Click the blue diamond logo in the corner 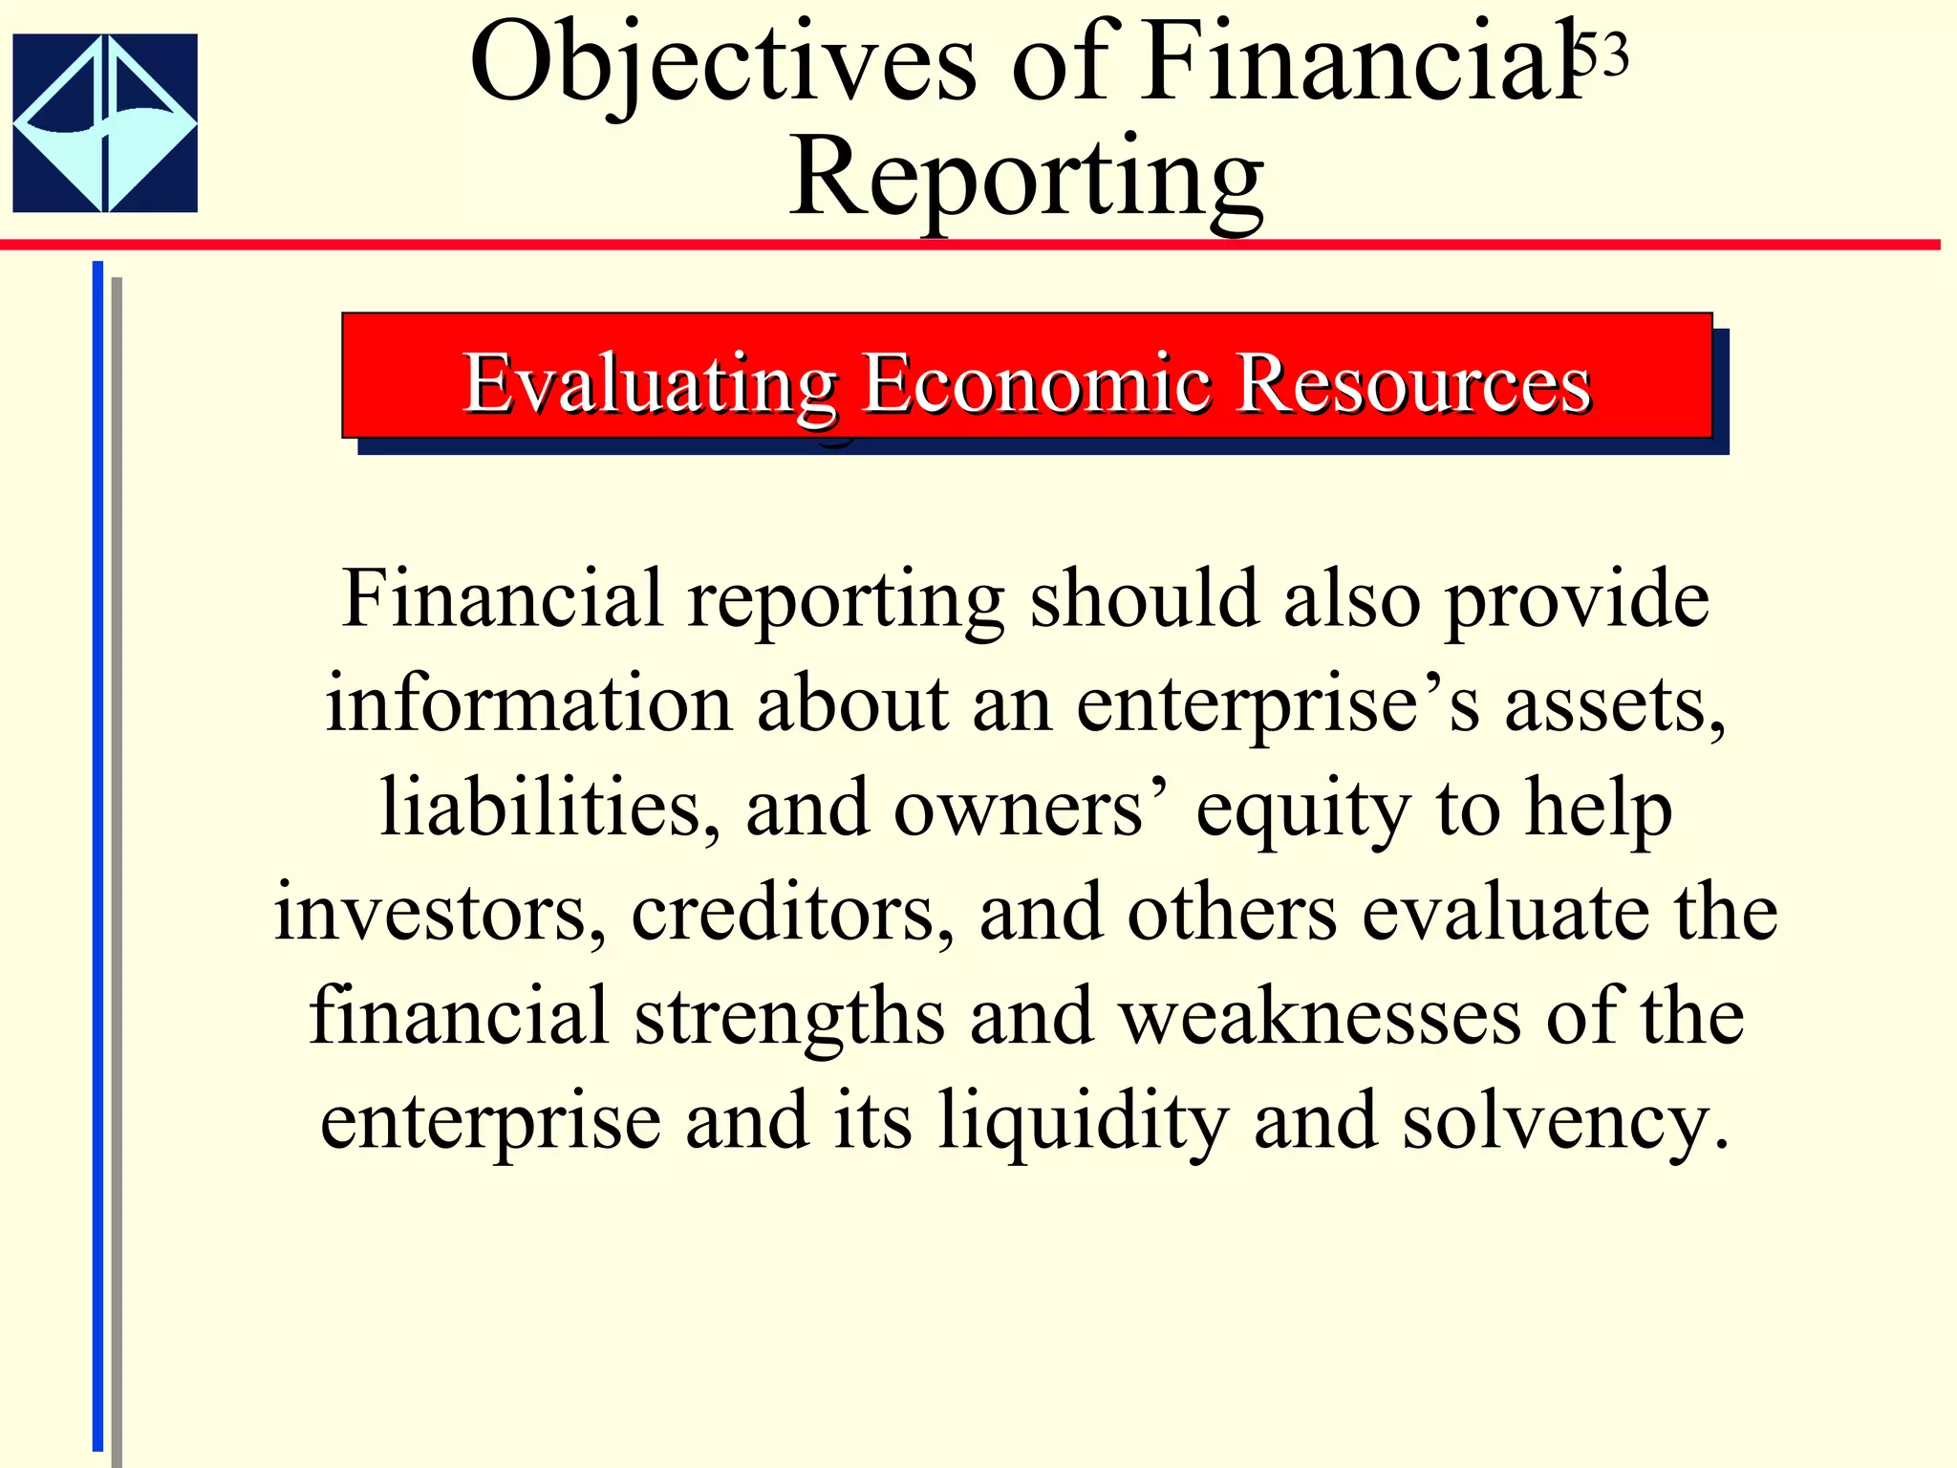pyautogui.click(x=105, y=122)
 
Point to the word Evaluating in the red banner pyautogui.click(x=650, y=384)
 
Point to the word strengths pyautogui.click(x=789, y=1016)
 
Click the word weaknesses pyautogui.click(x=1321, y=1016)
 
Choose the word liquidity pyautogui.click(x=1083, y=1121)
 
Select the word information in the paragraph pyautogui.click(x=528, y=703)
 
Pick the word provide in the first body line pyautogui.click(x=1577, y=600)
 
